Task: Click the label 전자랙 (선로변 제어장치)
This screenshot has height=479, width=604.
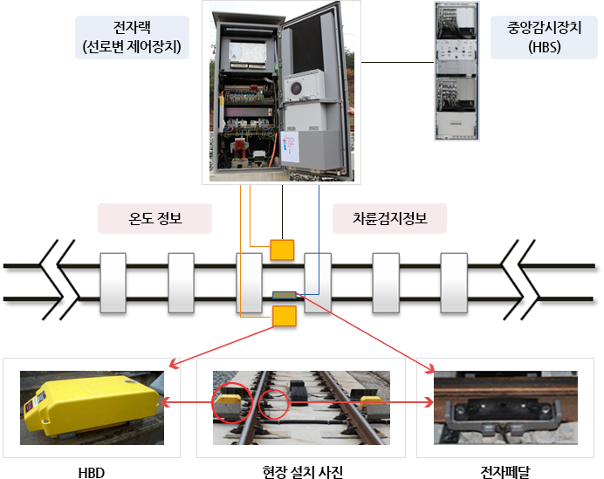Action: (x=132, y=38)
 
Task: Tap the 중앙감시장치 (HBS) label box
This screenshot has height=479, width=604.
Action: (x=544, y=38)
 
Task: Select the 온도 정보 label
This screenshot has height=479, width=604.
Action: (x=154, y=218)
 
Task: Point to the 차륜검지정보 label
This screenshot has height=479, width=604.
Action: (x=389, y=218)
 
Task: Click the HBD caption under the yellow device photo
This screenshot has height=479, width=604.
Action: (x=92, y=472)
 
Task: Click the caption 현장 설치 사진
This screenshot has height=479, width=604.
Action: (x=302, y=472)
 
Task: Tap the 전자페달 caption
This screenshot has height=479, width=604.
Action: (x=505, y=472)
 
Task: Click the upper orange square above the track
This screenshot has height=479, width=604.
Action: (x=282, y=250)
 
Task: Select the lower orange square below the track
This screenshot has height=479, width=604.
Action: (x=285, y=316)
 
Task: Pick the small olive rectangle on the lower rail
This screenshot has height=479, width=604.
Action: (x=285, y=295)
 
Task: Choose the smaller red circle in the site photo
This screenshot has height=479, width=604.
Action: (x=273, y=404)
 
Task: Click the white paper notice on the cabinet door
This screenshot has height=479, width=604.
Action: (x=290, y=147)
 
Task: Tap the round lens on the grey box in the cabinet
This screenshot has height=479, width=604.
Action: (x=296, y=89)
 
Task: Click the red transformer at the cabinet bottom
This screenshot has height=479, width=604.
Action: (x=240, y=147)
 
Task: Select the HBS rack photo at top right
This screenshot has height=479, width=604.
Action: (x=456, y=72)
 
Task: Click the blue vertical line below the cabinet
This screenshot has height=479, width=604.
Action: (x=319, y=239)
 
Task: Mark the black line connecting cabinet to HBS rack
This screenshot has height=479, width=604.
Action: (x=397, y=62)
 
